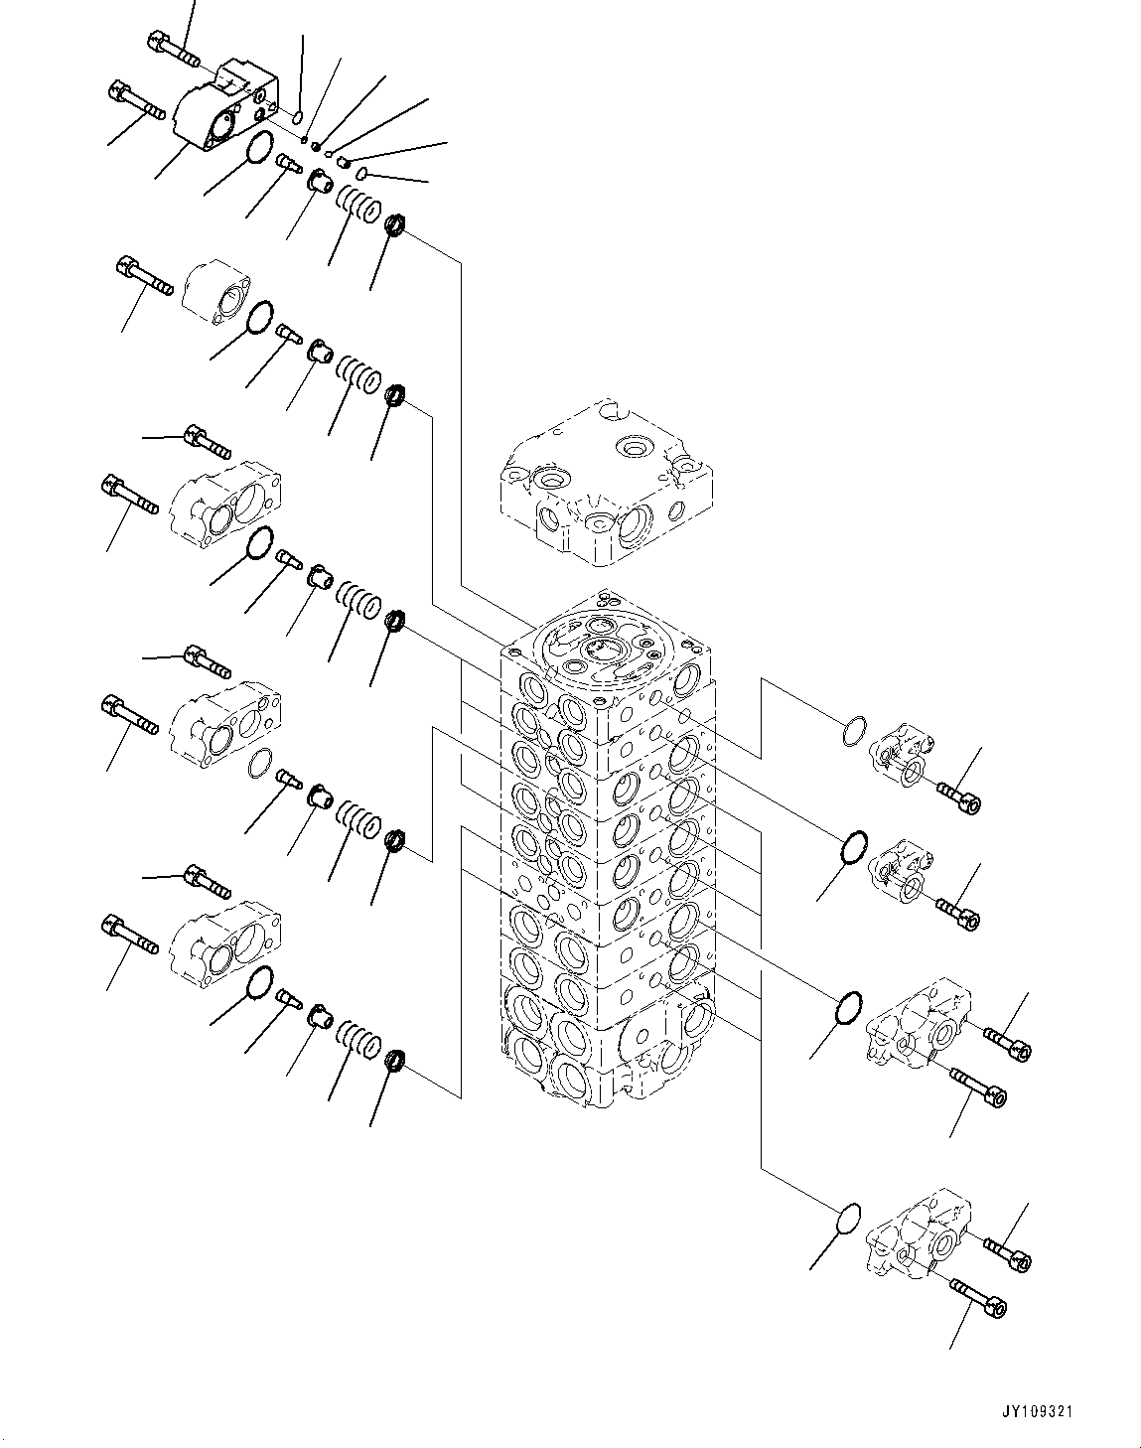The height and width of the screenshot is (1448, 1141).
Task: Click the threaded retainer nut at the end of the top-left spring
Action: [x=394, y=226]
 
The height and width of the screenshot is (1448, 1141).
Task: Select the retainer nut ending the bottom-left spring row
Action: [x=394, y=1060]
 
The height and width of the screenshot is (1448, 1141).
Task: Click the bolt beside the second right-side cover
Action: [x=958, y=913]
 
